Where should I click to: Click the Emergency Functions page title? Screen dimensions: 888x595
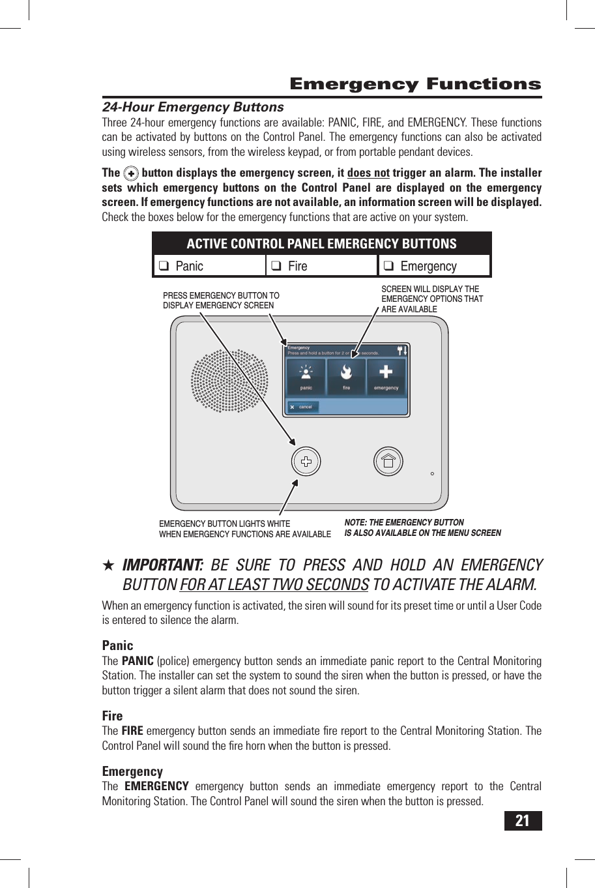[x=415, y=84]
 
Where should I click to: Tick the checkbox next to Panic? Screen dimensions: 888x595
[x=164, y=266]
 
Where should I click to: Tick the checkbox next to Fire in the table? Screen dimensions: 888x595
[x=276, y=266]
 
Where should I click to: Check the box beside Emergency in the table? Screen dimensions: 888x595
[x=388, y=266]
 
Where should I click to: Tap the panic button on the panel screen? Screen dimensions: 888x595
[x=306, y=377]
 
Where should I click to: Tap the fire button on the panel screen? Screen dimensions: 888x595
[x=346, y=377]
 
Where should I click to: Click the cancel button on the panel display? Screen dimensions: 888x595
[x=302, y=407]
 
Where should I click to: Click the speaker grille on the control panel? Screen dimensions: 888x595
[x=229, y=381]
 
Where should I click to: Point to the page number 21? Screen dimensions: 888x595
[x=523, y=821]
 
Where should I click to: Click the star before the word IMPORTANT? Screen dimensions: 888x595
[x=109, y=565]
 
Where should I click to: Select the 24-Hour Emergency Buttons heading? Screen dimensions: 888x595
[x=193, y=107]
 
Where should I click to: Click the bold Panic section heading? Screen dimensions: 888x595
[x=117, y=645]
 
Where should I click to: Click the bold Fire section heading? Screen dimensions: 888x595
[x=112, y=716]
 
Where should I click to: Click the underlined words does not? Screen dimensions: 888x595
[x=368, y=173]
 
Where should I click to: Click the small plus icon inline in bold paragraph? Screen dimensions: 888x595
[x=131, y=173]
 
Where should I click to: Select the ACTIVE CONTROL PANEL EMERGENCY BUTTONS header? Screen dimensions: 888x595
[x=321, y=244]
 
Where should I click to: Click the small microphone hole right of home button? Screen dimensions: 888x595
[x=432, y=474]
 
